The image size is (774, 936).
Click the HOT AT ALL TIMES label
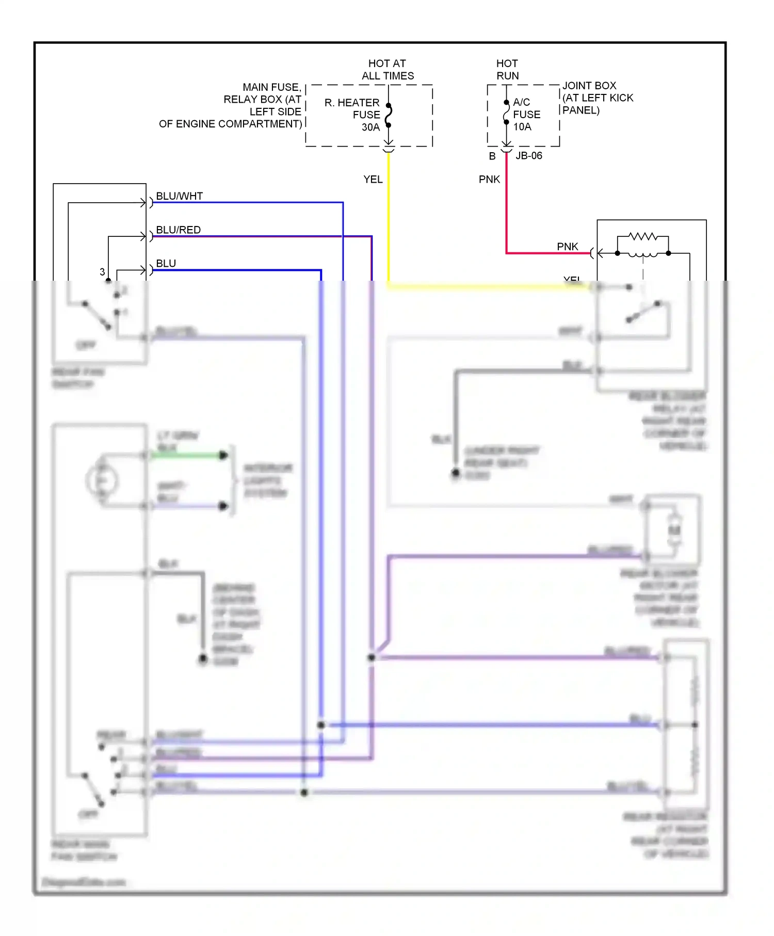388,70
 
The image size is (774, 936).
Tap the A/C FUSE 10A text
526,114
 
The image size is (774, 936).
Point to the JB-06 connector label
529,156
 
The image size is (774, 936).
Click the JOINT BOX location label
597,98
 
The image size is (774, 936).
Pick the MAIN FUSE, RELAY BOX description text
231,105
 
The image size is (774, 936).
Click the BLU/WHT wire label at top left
179,196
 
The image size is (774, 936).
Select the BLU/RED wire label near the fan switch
178,230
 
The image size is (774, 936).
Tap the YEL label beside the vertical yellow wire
373,179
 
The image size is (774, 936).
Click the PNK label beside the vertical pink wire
489,179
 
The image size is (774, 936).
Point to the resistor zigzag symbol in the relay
642,236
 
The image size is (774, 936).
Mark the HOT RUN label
507,70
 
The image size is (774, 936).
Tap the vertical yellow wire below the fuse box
389,217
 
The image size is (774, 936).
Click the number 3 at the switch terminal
102,272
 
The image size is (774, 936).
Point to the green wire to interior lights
186,455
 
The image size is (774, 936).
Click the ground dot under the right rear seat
456,472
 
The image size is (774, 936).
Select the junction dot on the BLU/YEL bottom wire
304,792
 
